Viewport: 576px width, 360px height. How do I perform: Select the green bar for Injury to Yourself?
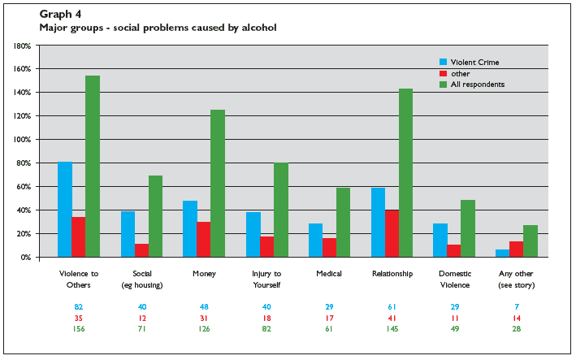click(x=281, y=210)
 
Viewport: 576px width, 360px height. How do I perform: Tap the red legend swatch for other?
click(x=444, y=73)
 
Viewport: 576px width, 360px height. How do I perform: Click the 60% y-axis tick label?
click(x=24, y=187)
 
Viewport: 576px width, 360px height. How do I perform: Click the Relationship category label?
click(x=392, y=274)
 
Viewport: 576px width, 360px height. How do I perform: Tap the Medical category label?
click(x=328, y=274)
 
